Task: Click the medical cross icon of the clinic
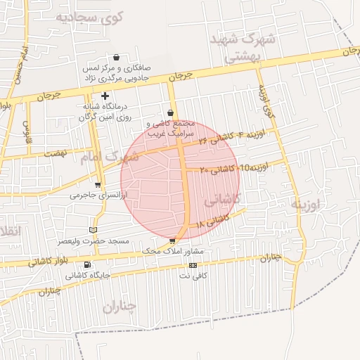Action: coord(105,96)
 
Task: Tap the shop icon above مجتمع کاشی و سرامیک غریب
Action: coord(171,113)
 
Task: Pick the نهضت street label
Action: coord(54,153)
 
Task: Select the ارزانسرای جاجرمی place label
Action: coord(96,195)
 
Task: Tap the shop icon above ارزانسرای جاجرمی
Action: coord(98,186)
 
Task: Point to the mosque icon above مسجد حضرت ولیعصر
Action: coord(94,230)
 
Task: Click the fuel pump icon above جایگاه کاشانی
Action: coord(87,265)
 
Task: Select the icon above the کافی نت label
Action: coord(193,265)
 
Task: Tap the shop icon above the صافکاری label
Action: coord(116,58)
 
